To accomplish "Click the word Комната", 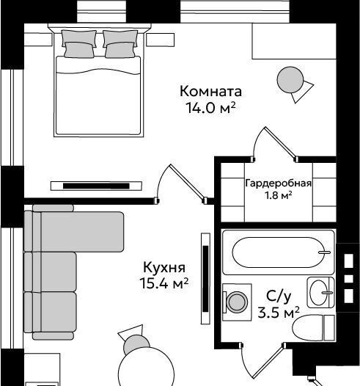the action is click(210, 91).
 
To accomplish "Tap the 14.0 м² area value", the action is click(210, 108).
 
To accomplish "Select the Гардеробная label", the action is click(279, 183).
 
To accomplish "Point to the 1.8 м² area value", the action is click(279, 195).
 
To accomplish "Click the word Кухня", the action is click(164, 267).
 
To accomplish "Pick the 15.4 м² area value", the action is click(164, 283).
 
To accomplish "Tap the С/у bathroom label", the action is click(279, 296).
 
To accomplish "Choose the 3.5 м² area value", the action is click(279, 313).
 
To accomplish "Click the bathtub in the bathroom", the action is click(279, 252).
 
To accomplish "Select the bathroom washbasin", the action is click(320, 293).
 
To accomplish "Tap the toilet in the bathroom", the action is click(314, 328).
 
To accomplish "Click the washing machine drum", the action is click(237, 302).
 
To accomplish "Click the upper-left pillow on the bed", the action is click(78, 37).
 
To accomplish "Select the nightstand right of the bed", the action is click(161, 40).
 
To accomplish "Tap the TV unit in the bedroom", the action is click(96, 186).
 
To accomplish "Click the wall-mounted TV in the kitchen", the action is click(205, 279).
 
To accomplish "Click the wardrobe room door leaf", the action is click(281, 142).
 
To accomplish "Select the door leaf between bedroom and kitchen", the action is click(188, 182).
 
